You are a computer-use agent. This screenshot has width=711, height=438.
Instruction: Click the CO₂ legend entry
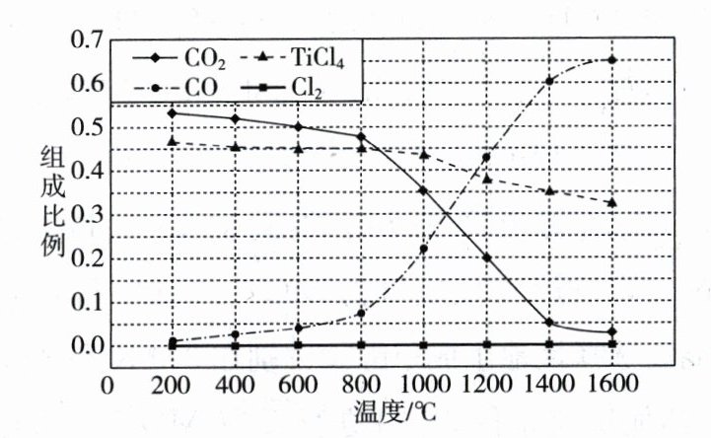pos(186,59)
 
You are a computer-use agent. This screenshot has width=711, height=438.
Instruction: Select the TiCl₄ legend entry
pos(302,59)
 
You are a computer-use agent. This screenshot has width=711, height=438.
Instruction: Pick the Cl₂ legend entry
pos(295,88)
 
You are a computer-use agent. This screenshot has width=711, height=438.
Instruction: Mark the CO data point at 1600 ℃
pos(612,60)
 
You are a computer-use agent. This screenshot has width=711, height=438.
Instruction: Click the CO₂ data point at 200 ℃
pos(173,113)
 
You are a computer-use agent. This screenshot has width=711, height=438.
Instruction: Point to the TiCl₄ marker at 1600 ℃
pos(612,202)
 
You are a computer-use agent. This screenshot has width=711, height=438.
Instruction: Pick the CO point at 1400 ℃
pos(550,81)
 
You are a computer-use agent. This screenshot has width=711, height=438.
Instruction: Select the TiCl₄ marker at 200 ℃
pos(173,142)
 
